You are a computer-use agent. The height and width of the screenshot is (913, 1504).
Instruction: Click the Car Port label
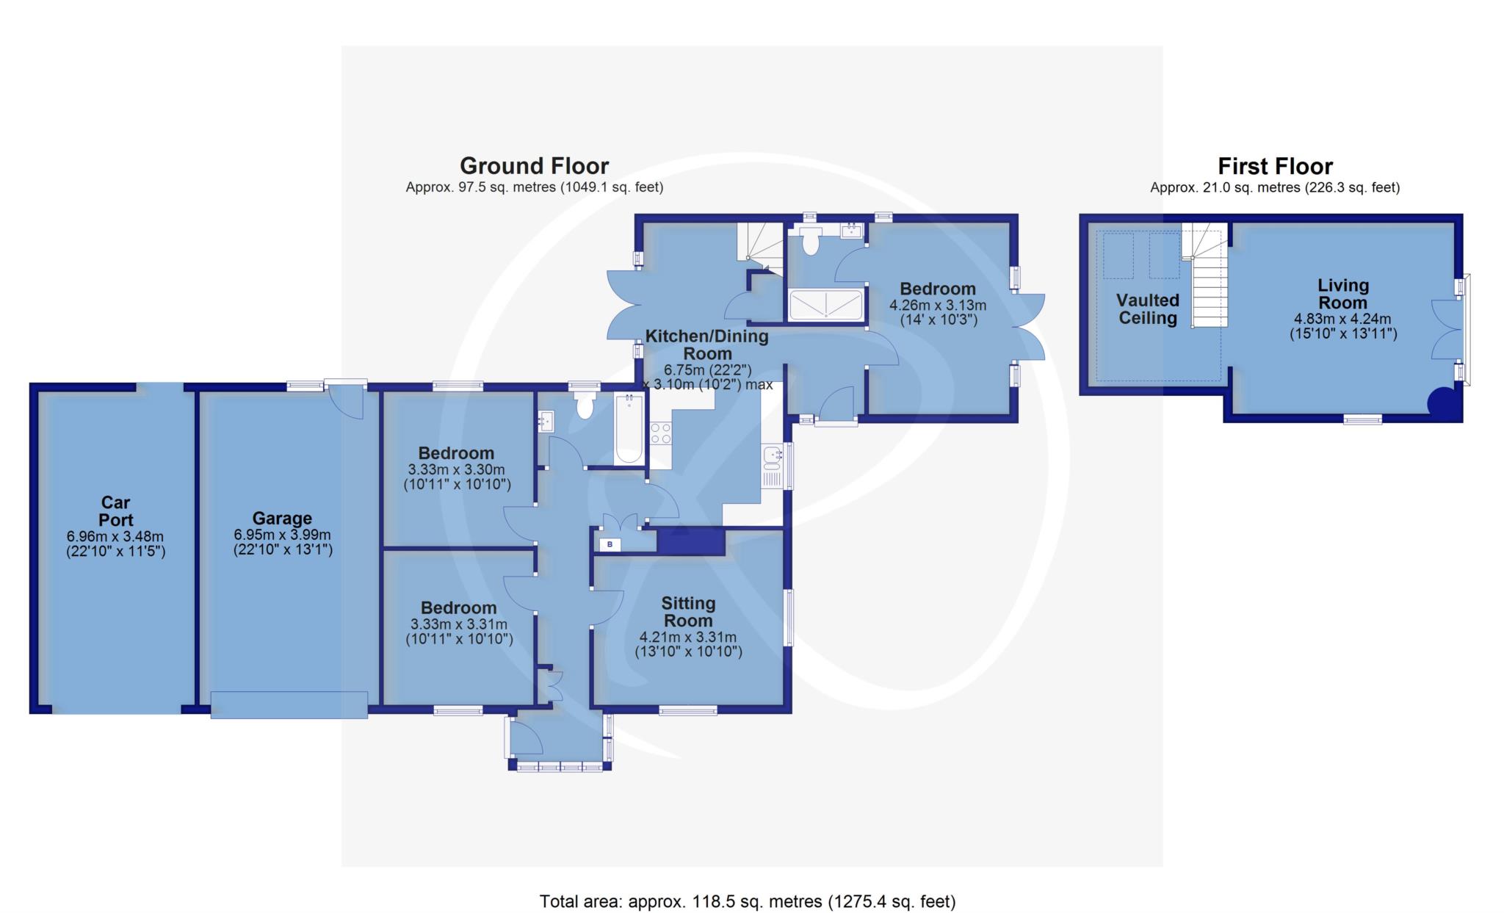(x=115, y=511)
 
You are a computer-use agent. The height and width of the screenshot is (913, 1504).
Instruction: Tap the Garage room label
(x=283, y=519)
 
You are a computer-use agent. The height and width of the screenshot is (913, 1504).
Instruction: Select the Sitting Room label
(x=688, y=612)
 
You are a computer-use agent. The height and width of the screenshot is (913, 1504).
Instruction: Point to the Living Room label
(x=1342, y=294)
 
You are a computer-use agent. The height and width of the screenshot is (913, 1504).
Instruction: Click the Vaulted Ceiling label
(x=1148, y=309)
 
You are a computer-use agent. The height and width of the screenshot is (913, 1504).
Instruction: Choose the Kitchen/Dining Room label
(x=706, y=344)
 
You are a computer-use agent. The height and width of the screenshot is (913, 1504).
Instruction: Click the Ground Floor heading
(x=534, y=166)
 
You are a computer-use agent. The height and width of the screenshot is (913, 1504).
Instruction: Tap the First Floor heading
(x=1275, y=166)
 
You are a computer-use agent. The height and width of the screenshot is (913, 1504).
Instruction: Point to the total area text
(x=748, y=901)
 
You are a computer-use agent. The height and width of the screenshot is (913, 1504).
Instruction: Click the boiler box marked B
(x=610, y=544)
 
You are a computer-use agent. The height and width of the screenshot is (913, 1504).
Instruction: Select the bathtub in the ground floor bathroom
(x=629, y=428)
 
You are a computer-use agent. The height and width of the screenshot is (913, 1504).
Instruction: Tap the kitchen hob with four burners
(x=660, y=433)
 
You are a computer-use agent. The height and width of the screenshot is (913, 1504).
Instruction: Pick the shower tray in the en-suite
(x=825, y=305)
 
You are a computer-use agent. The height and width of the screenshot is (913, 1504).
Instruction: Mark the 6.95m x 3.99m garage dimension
(x=283, y=535)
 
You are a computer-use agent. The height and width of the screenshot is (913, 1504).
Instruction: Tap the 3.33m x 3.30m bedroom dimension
(x=458, y=470)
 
